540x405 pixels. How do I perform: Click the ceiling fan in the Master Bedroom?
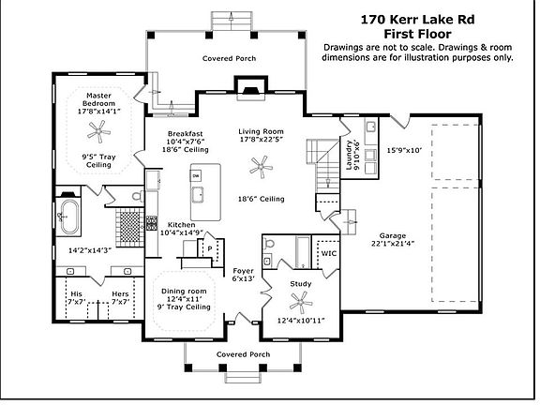tap(98, 131)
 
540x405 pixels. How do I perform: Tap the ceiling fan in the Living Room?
tap(261, 167)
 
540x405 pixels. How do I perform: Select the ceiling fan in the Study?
tap(301, 303)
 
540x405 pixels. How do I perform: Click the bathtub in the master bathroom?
tap(69, 217)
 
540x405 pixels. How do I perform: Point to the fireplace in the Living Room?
tap(250, 89)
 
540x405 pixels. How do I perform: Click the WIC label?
tap(329, 253)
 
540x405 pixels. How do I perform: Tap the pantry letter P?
tap(209, 248)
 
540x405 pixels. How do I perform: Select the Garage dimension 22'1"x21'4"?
tap(393, 244)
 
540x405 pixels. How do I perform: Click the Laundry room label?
tap(349, 155)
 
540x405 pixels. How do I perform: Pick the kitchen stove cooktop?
tap(152, 223)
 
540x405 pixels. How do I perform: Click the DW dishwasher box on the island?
tap(196, 176)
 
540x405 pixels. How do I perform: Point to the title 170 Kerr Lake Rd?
tap(417, 20)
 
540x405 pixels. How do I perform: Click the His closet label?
tap(76, 294)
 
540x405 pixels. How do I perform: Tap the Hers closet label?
tap(120, 294)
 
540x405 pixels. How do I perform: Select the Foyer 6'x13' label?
tap(243, 275)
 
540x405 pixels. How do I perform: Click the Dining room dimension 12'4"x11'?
tap(184, 299)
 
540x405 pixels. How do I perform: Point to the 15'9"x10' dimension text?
tap(404, 150)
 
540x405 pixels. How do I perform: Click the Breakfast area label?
tap(186, 134)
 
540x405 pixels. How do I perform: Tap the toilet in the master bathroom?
tap(138, 196)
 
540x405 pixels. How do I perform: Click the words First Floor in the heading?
tap(417, 34)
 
